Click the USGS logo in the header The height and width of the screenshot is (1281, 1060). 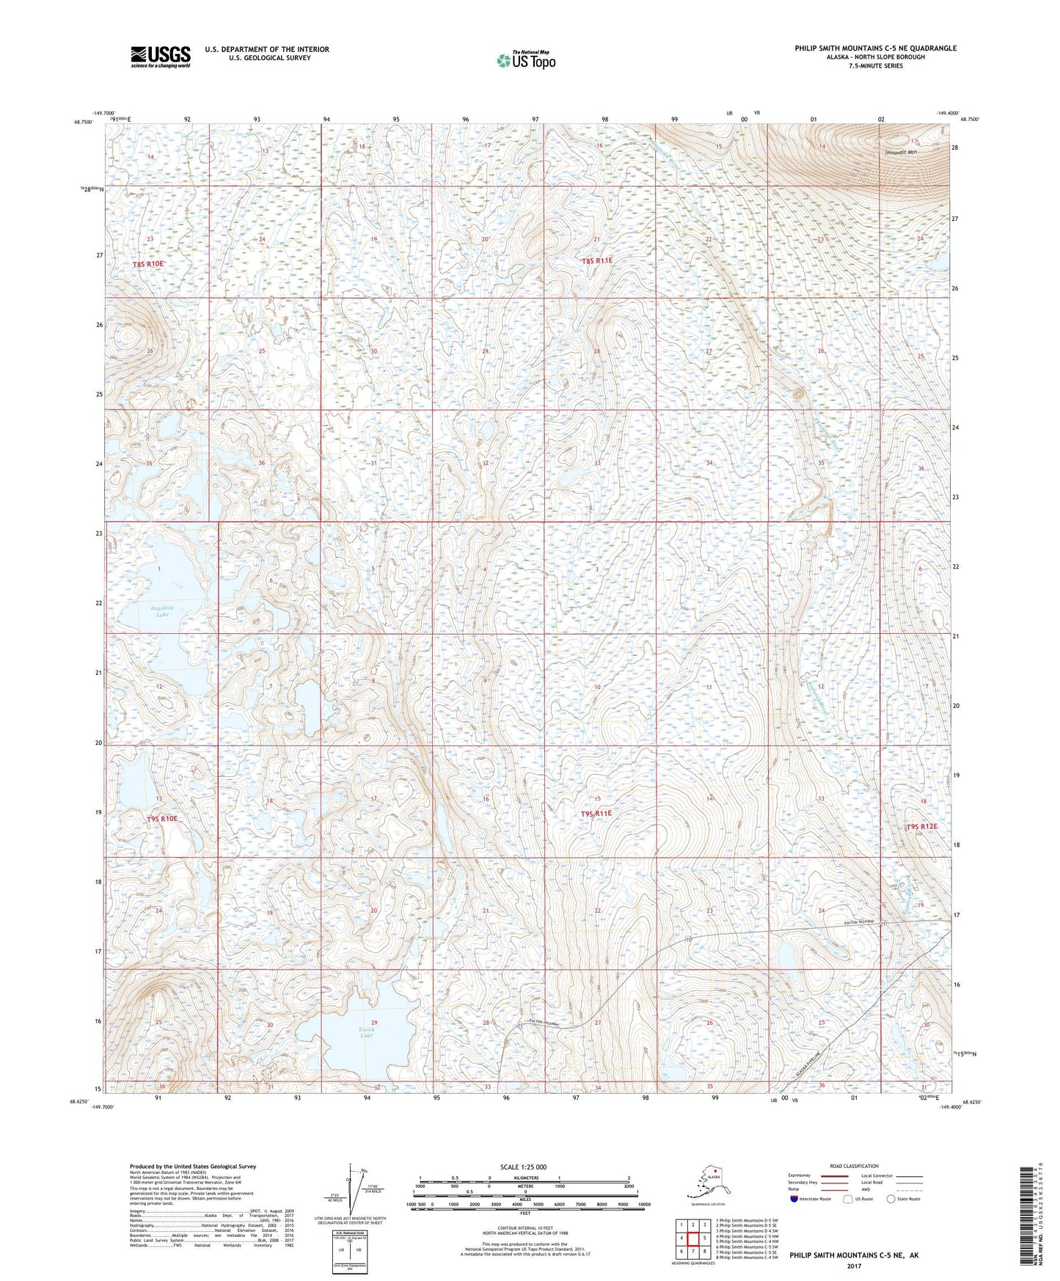click(x=161, y=56)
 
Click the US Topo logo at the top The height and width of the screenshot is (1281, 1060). click(x=526, y=59)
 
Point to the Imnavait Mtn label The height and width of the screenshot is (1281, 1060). click(x=902, y=152)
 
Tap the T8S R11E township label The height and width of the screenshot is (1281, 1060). click(x=596, y=260)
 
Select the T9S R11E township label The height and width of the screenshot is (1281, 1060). click(x=596, y=814)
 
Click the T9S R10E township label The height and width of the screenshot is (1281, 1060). click(x=162, y=818)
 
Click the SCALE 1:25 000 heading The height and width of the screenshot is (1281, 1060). click(x=523, y=1167)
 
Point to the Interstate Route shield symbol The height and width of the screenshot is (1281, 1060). click(x=794, y=1199)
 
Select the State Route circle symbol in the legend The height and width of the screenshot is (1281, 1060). click(x=891, y=1199)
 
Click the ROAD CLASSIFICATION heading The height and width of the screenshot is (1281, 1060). click(x=854, y=1166)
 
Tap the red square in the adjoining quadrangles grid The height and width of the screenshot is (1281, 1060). click(x=692, y=1238)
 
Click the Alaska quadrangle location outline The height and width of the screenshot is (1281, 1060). click(x=707, y=1184)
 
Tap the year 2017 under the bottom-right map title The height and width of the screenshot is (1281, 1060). click(x=853, y=1266)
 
